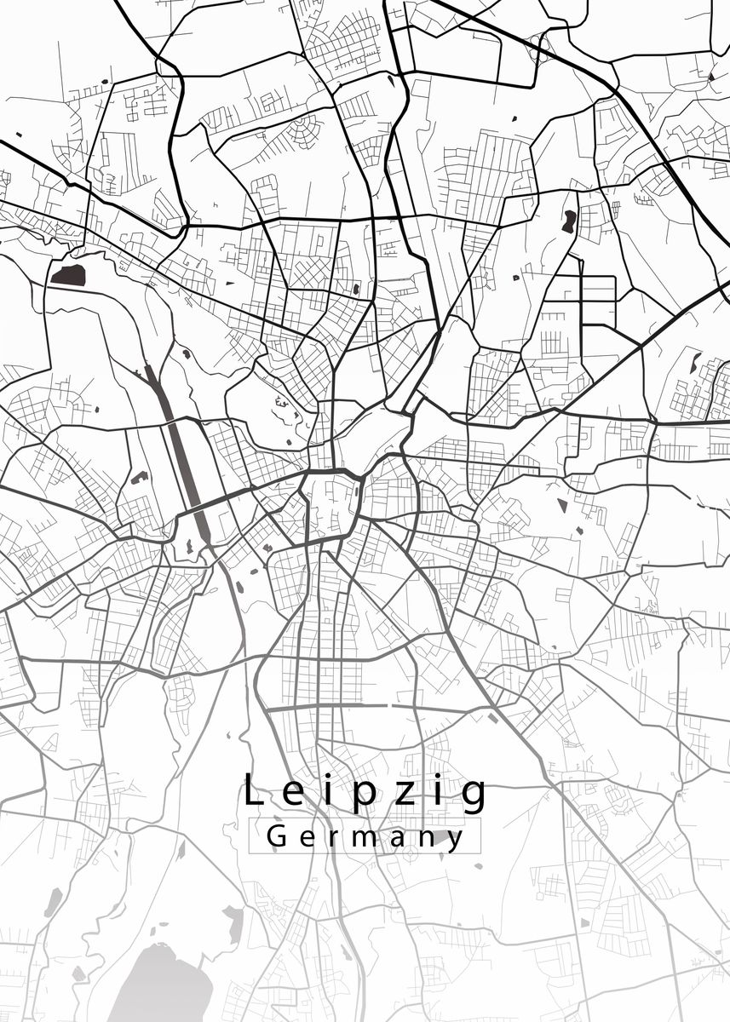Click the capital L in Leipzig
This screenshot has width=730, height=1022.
point(252,791)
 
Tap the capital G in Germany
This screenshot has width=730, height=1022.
point(276,836)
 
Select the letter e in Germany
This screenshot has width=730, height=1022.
point(306,838)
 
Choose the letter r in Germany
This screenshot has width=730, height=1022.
point(333,838)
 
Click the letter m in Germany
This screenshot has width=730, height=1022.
point(365,838)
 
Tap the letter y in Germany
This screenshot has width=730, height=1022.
point(457,841)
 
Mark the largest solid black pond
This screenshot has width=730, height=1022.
point(68,274)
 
